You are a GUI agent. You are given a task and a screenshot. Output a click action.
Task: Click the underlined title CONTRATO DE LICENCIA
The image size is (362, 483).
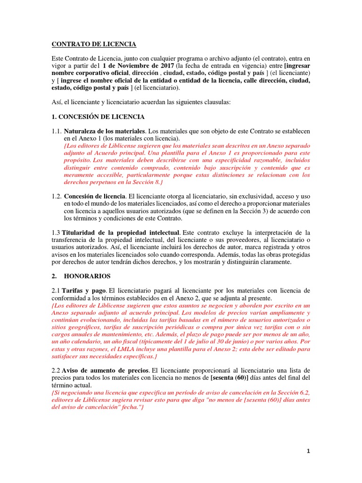[94, 44]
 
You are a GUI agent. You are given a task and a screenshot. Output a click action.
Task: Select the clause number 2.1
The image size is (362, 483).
[56, 291]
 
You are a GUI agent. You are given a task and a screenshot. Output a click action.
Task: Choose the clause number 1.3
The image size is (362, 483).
[56, 233]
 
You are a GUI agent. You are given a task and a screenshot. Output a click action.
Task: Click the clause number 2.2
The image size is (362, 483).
[56, 371]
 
